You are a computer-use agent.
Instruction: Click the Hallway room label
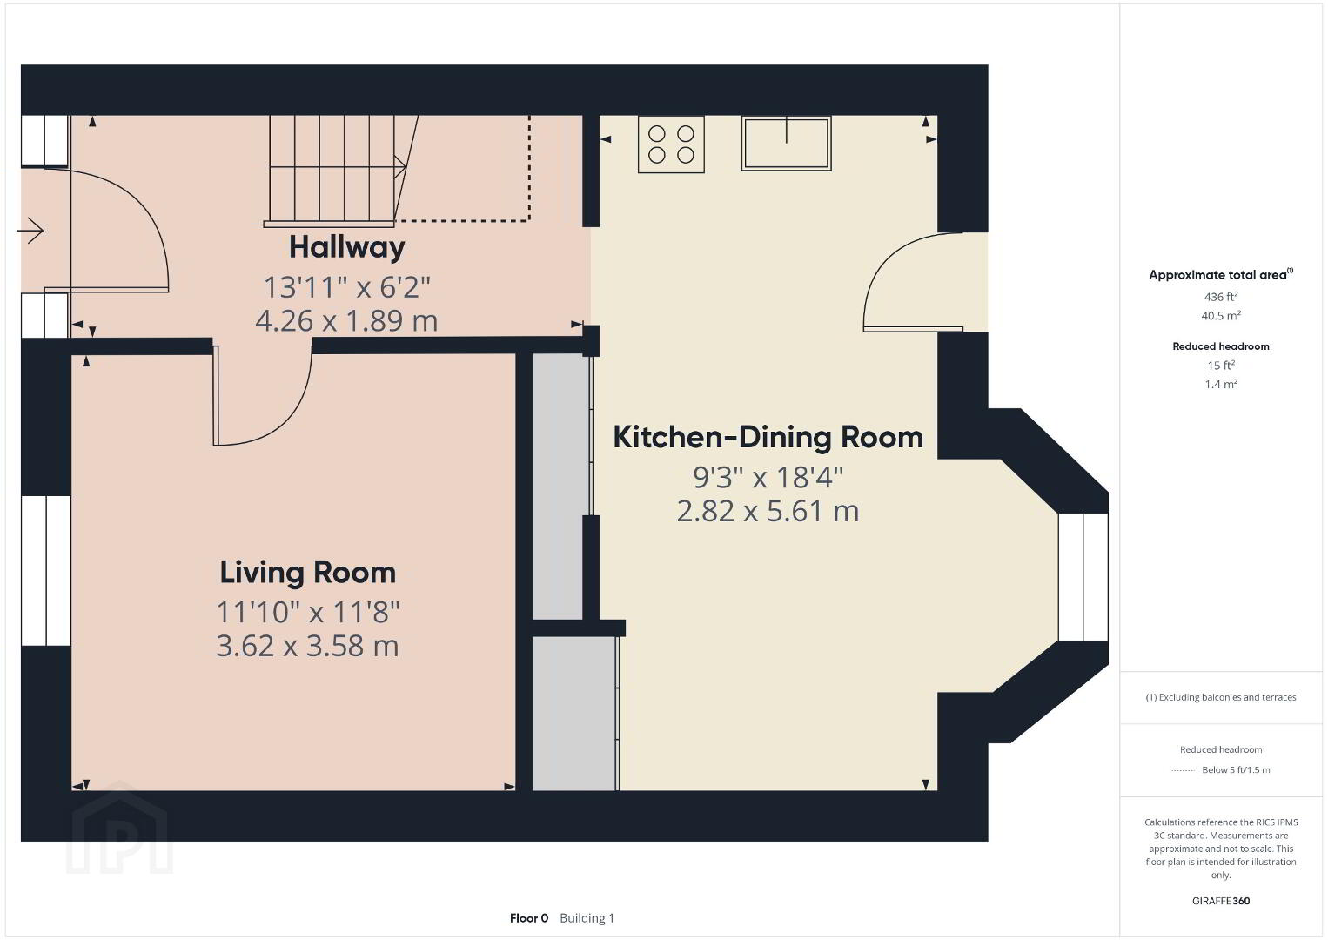click(347, 248)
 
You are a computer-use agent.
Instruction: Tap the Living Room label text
click(308, 573)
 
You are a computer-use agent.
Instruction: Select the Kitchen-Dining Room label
click(768, 437)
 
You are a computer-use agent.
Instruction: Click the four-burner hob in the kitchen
click(671, 144)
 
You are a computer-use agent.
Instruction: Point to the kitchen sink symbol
click(786, 144)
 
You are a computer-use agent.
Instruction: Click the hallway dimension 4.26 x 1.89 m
click(347, 321)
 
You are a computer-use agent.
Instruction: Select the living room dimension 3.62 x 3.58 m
click(308, 646)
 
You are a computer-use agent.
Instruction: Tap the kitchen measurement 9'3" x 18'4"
click(768, 478)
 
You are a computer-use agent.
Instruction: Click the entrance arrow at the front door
click(30, 230)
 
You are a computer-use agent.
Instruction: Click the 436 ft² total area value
click(1221, 297)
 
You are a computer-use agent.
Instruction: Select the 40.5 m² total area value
click(1221, 315)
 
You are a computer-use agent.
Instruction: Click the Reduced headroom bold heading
click(1221, 346)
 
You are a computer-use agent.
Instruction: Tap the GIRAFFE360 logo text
click(1221, 901)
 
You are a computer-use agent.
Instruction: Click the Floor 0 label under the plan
click(529, 918)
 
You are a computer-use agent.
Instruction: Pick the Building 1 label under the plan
click(587, 918)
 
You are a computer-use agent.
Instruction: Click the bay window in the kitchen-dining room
click(1083, 577)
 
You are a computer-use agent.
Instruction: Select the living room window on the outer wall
click(45, 570)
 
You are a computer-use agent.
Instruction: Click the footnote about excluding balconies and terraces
click(1221, 697)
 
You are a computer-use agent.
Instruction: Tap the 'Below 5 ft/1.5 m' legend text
click(1236, 769)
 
